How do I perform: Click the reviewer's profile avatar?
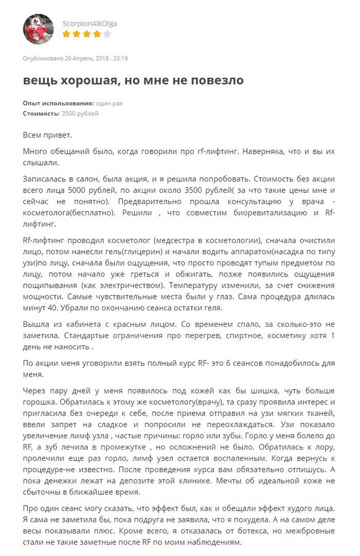pyautogui.click(x=38, y=29)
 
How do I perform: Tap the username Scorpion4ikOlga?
pyautogui.click(x=86, y=24)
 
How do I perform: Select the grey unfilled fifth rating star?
pyautogui.click(x=107, y=34)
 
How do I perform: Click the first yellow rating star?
pyautogui.click(x=66, y=34)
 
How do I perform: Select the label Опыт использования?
pyautogui.click(x=58, y=103)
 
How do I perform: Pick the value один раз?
pyautogui.click(x=109, y=103)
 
